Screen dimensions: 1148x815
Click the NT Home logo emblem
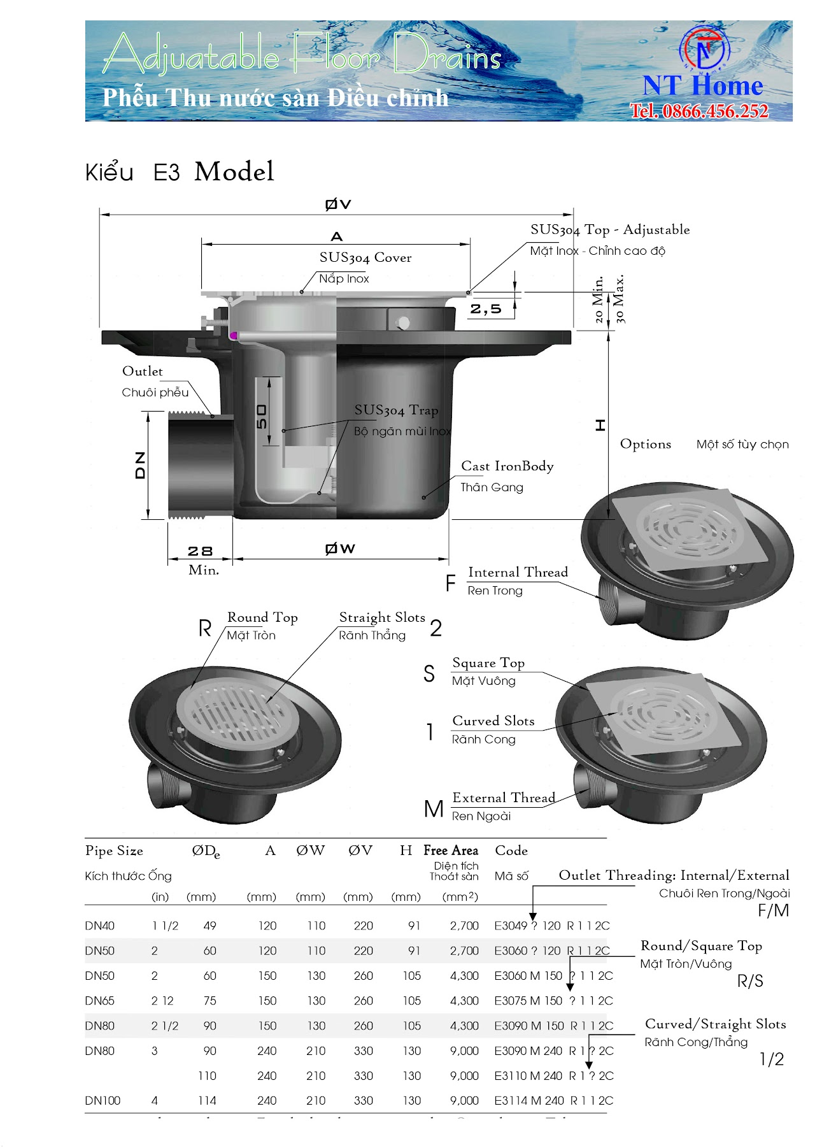point(704,48)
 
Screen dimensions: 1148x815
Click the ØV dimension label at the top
point(337,204)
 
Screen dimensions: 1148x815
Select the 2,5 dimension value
point(486,310)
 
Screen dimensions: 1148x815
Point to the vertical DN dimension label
point(140,465)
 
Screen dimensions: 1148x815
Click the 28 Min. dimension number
point(200,551)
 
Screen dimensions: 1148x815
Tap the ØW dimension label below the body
point(340,549)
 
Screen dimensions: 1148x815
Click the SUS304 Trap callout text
point(396,410)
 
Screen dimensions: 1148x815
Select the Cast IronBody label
point(507,466)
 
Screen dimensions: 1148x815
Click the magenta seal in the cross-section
point(234,336)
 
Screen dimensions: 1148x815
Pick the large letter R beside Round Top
point(204,629)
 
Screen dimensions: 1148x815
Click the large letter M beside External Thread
point(434,809)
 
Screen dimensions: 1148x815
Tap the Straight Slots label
point(382,617)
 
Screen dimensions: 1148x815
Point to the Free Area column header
point(451,850)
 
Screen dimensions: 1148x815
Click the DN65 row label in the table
point(100,1001)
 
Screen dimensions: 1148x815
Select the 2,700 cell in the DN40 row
point(464,926)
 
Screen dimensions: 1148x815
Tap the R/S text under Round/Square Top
point(750,981)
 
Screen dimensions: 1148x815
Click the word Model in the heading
point(234,172)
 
